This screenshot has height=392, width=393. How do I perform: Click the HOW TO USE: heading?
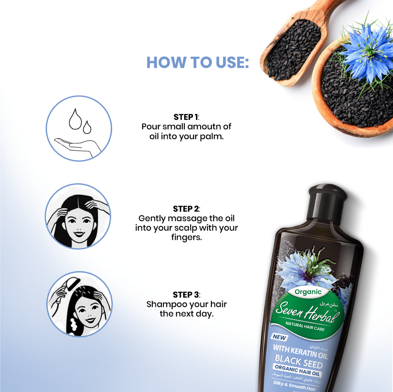[197, 62]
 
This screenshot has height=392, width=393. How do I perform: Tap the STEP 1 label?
[186, 117]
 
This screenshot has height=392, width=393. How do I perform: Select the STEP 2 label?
[186, 209]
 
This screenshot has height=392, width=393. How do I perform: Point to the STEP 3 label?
[186, 295]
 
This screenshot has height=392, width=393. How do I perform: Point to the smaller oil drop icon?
[87, 127]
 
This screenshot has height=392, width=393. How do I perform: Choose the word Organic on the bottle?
[308, 292]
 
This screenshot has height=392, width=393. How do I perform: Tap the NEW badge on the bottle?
[279, 337]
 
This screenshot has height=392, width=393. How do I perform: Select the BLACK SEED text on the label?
[298, 361]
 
